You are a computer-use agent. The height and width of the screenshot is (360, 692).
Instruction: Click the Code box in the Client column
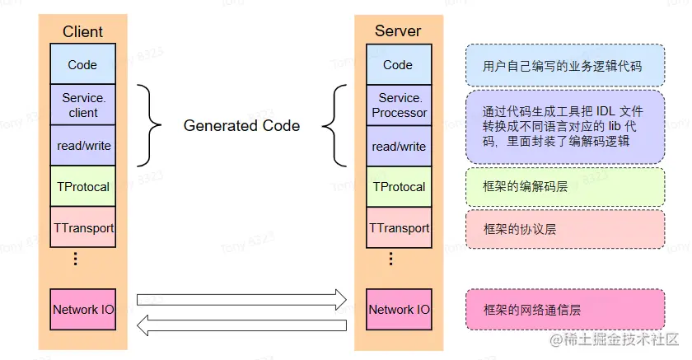click(82, 64)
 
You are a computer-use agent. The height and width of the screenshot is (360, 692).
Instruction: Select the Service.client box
click(82, 105)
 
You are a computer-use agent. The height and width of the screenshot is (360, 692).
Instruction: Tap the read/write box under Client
click(82, 146)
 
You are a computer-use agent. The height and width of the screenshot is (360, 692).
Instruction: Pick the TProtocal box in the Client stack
click(82, 187)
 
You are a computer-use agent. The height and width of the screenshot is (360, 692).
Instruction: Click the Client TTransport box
click(82, 227)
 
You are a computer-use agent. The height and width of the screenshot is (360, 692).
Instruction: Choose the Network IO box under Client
click(82, 310)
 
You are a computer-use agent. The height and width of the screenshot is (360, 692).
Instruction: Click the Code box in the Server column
click(398, 64)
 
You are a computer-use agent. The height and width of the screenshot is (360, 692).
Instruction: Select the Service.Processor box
click(398, 105)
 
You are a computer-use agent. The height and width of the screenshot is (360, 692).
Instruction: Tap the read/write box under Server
click(398, 146)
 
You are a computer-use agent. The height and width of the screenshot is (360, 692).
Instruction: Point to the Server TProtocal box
click(398, 187)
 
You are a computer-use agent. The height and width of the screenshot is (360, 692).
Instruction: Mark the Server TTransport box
click(398, 227)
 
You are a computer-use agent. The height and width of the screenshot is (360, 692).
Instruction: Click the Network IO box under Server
click(398, 310)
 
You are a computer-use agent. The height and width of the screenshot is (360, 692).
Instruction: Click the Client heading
click(82, 32)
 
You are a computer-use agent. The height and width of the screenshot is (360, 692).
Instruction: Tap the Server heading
click(398, 31)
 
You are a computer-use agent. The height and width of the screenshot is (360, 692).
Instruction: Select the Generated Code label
click(241, 126)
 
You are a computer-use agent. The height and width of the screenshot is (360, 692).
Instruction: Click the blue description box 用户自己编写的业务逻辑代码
click(564, 66)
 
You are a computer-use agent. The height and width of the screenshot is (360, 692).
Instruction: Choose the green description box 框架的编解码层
click(564, 187)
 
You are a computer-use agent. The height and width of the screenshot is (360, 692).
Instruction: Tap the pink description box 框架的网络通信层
click(564, 310)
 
